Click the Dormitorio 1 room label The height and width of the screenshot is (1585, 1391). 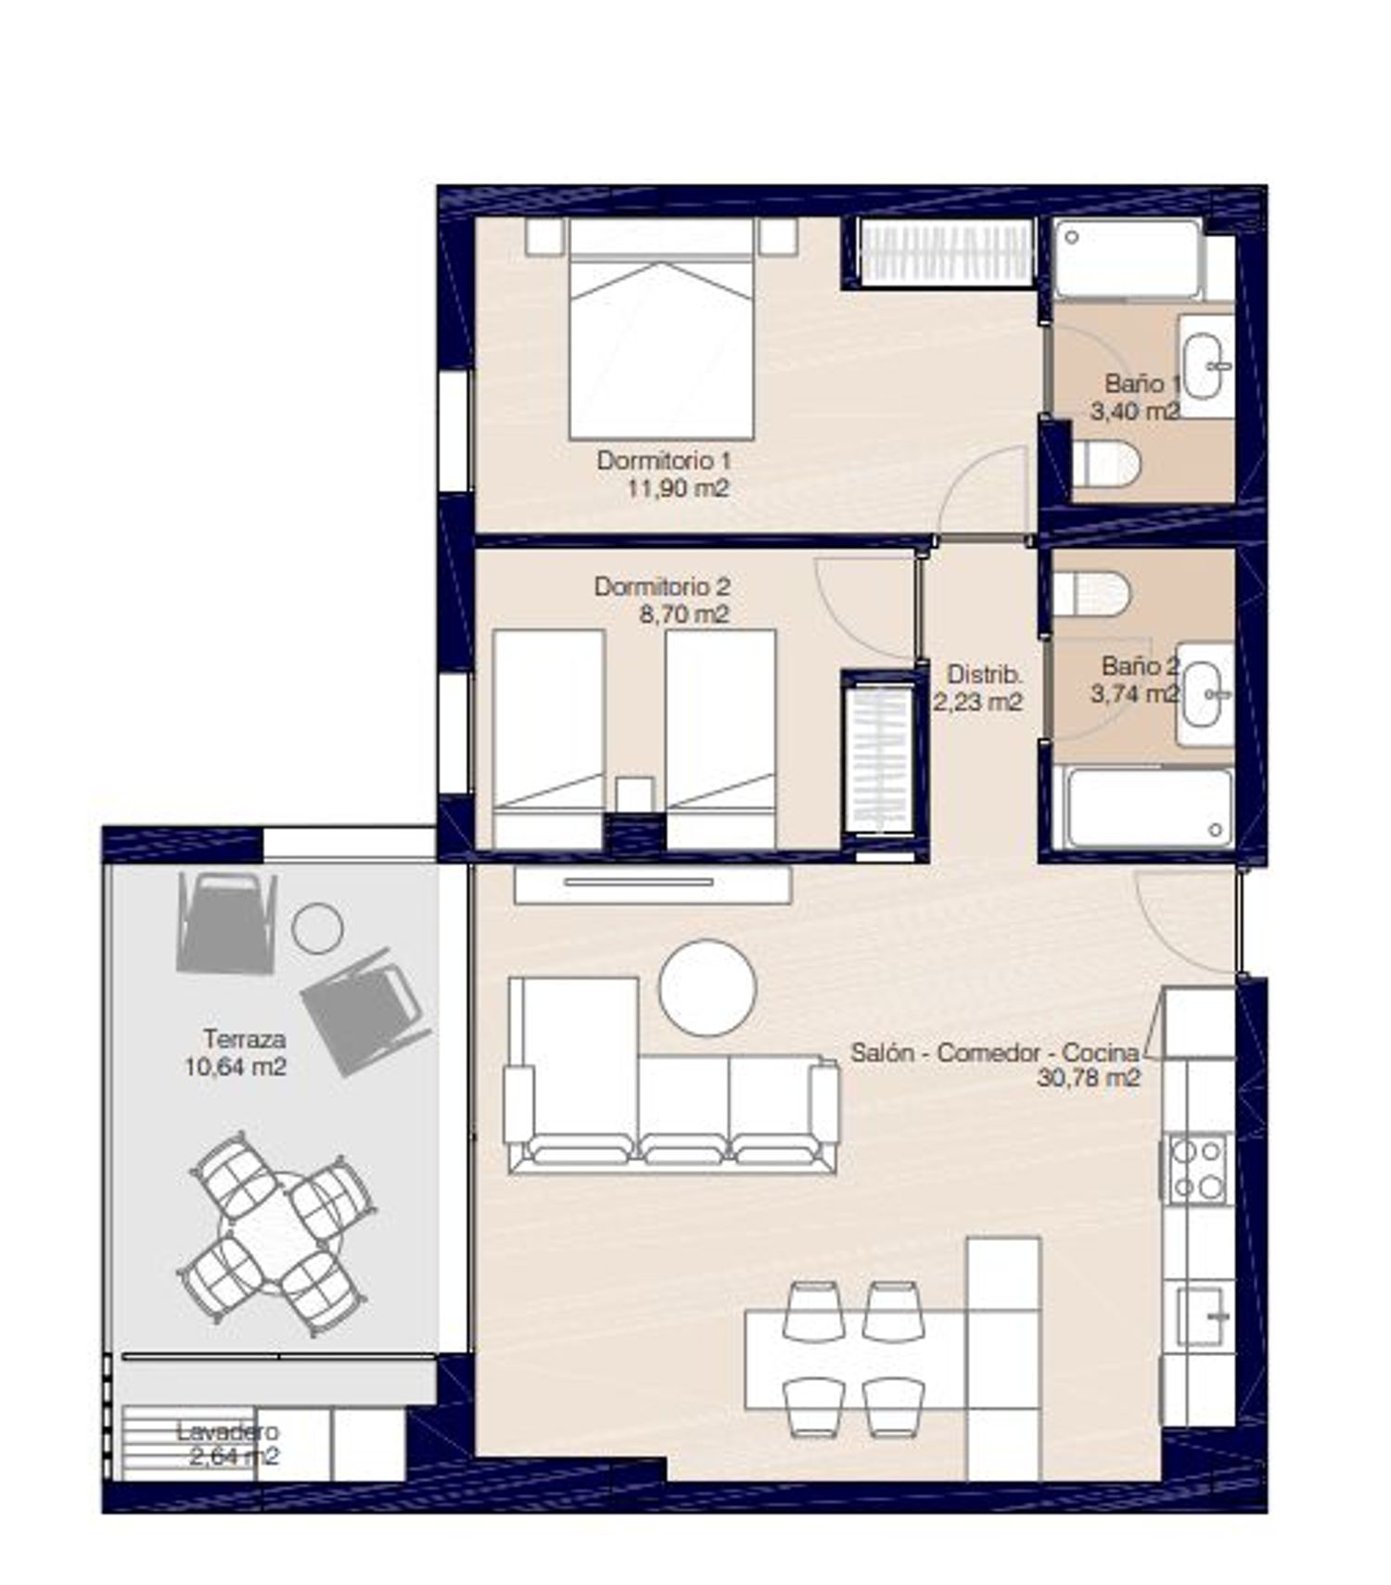[x=664, y=460]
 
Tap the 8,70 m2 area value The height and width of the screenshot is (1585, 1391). [x=684, y=614]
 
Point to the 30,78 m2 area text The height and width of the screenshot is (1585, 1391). [x=1088, y=1078]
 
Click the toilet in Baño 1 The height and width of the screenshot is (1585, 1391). [x=1104, y=464]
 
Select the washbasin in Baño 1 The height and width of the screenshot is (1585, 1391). [x=1206, y=366]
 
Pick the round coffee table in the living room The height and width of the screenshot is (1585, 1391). [x=707, y=987]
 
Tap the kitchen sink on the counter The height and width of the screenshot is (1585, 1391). [x=1204, y=1315]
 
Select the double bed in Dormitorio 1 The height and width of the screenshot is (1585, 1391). [x=660, y=328]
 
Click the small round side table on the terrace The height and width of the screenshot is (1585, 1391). [x=317, y=928]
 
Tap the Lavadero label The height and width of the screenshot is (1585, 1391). [x=227, y=1431]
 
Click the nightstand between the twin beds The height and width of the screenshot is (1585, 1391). [x=635, y=796]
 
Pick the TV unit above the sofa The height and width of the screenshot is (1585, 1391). [x=653, y=884]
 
